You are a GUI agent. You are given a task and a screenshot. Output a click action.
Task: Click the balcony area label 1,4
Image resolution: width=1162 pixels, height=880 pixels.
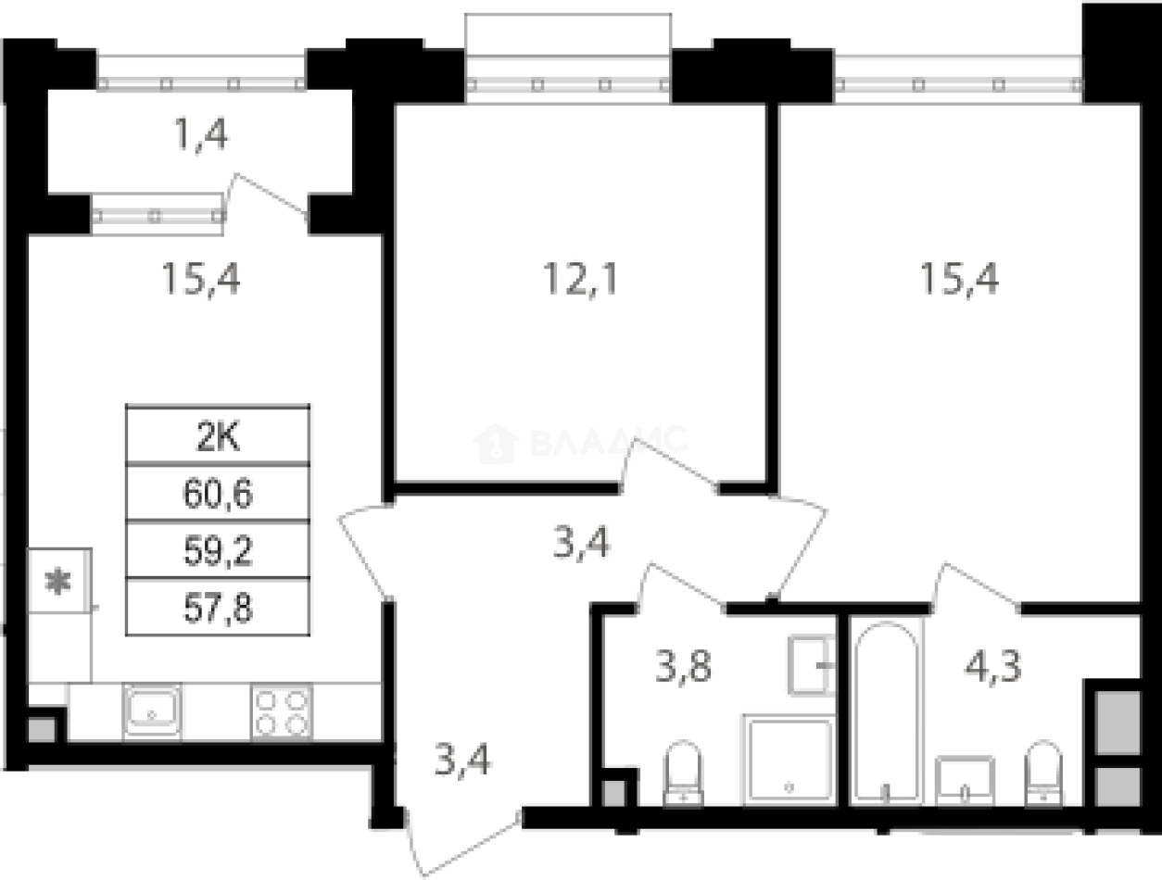click(x=201, y=136)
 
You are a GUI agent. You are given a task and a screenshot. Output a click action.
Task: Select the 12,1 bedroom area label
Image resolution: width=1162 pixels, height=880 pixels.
click(x=580, y=278)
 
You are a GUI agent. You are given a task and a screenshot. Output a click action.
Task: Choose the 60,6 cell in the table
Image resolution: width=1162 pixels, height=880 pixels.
click(x=218, y=494)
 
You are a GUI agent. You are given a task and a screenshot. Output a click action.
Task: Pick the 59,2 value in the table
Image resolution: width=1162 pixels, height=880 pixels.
click(x=218, y=551)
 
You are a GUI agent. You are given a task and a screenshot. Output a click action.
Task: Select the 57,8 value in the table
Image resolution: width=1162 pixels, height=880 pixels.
click(x=218, y=609)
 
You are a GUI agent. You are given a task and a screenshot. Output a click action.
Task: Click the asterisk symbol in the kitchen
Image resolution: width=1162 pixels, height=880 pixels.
click(x=59, y=583)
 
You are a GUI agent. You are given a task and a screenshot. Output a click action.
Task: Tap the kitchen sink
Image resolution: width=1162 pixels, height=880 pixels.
click(x=152, y=711)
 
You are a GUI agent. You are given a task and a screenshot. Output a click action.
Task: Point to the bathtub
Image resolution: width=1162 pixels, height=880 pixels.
click(x=886, y=711)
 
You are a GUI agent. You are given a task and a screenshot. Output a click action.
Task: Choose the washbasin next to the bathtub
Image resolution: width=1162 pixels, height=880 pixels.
click(x=966, y=780)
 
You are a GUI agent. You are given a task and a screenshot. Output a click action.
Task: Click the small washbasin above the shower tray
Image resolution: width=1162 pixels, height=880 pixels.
click(x=812, y=665)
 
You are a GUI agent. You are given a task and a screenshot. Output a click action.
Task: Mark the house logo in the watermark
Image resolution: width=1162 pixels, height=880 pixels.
click(x=496, y=444)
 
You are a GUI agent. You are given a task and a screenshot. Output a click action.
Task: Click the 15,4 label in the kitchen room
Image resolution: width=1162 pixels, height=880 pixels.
click(x=201, y=278)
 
